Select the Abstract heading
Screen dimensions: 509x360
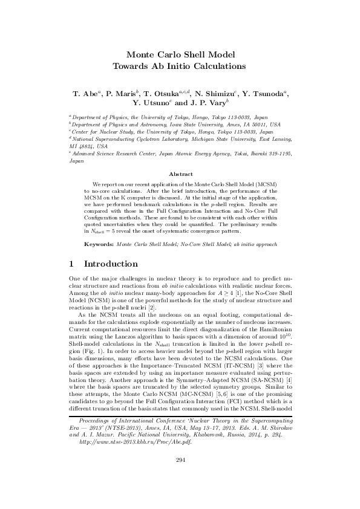click(180, 173)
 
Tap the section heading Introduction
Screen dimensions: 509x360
click(111, 264)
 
